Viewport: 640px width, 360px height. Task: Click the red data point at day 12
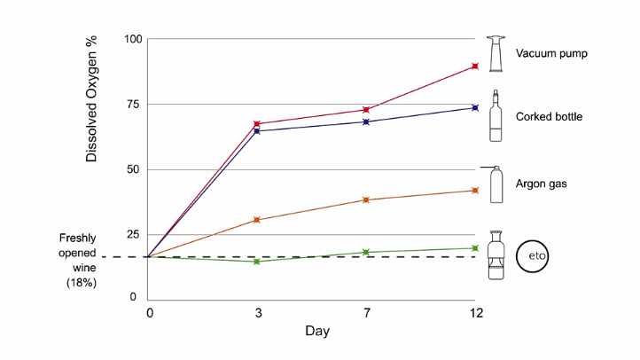click(x=475, y=67)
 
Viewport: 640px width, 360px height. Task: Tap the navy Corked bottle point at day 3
click(x=257, y=130)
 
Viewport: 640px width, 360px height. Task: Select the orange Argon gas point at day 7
click(x=365, y=200)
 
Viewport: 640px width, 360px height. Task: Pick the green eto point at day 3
click(x=257, y=262)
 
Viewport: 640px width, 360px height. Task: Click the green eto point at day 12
click(x=475, y=248)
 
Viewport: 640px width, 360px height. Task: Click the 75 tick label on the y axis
click(x=135, y=104)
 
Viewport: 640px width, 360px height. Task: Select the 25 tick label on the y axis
click(x=135, y=234)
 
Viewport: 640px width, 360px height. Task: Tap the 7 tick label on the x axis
click(x=365, y=313)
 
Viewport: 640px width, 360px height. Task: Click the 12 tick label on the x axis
click(x=476, y=313)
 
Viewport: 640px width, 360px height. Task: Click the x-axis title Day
click(x=317, y=332)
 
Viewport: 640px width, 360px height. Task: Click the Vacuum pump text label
click(x=551, y=53)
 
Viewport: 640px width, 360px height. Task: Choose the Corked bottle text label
click(x=549, y=116)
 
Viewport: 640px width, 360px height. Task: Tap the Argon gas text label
click(x=541, y=184)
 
